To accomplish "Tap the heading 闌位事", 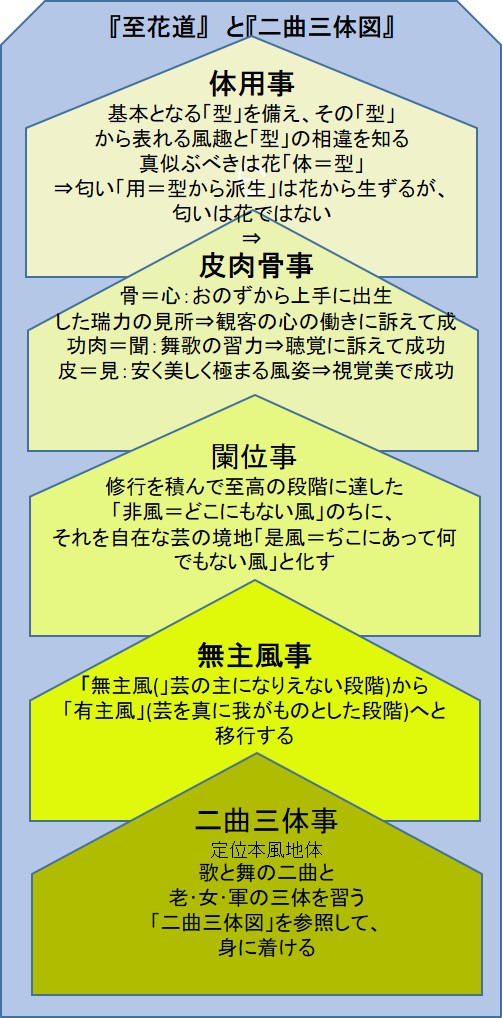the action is pyautogui.click(x=254, y=456).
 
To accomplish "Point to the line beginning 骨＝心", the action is pyautogui.click(x=256, y=297).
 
